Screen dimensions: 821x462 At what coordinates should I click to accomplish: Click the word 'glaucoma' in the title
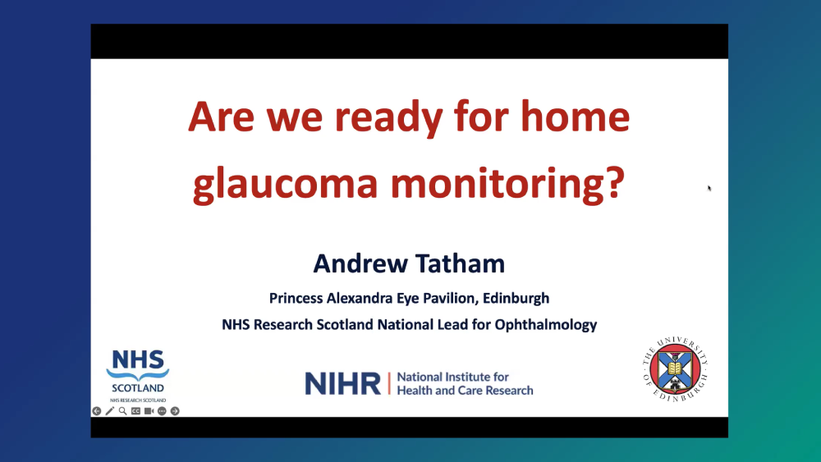pos(286,184)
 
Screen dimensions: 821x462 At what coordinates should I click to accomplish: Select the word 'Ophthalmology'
pos(546,326)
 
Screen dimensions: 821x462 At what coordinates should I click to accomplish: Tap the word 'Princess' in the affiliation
pos(296,298)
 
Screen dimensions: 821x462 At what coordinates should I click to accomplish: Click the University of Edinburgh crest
pos(676,369)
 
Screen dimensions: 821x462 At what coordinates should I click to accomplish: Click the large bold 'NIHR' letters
pos(343,383)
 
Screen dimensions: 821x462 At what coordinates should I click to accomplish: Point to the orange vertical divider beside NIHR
pos(389,383)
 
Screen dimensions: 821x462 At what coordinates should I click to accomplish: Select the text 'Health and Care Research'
pos(465,391)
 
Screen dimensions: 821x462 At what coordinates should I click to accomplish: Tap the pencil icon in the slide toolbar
pos(109,411)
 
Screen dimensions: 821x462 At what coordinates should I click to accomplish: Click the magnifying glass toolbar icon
pos(122,411)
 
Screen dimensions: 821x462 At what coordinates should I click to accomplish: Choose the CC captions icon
pos(135,411)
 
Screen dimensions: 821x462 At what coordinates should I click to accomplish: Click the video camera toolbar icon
pos(149,411)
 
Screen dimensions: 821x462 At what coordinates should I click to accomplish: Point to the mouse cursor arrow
pos(709,189)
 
